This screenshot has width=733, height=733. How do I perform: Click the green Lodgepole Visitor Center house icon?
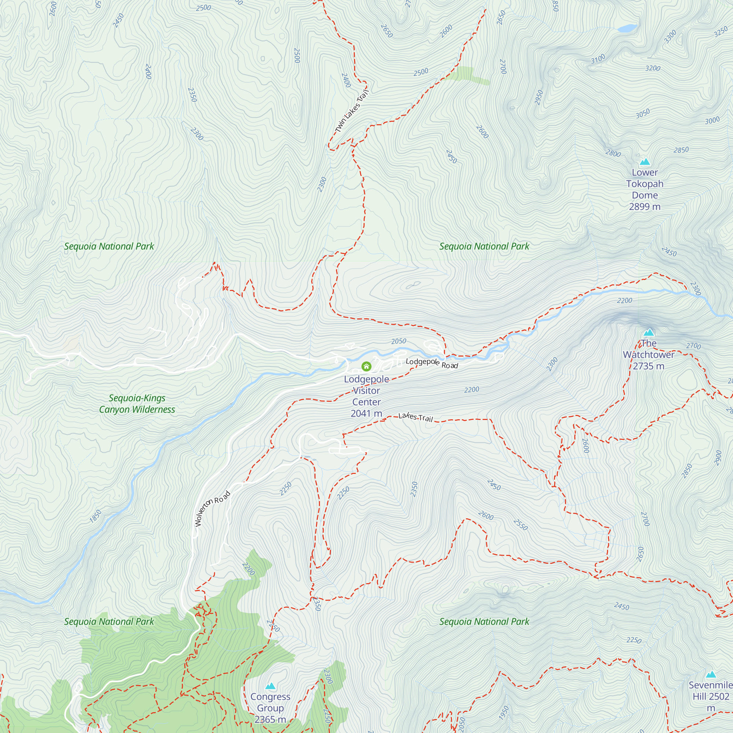pyautogui.click(x=366, y=366)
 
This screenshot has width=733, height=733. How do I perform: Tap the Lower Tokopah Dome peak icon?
pyautogui.click(x=645, y=162)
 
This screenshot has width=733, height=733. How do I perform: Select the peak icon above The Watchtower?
pyautogui.click(x=649, y=333)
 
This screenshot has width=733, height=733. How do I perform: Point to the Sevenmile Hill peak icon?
pyautogui.click(x=711, y=675)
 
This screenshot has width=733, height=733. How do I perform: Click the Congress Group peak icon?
pyautogui.click(x=270, y=686)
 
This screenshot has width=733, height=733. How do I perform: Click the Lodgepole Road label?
pyautogui.click(x=432, y=363)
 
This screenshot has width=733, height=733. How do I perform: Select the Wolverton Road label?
pyautogui.click(x=212, y=509)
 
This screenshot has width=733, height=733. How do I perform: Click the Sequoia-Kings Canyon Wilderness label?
pyautogui.click(x=137, y=404)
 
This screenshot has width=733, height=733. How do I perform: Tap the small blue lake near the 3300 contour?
pyautogui.click(x=627, y=28)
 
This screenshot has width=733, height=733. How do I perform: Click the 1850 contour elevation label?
pyautogui.click(x=95, y=516)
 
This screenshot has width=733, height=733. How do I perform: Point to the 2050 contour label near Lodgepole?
pyautogui.click(x=398, y=341)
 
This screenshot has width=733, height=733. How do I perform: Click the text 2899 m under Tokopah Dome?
pyautogui.click(x=645, y=207)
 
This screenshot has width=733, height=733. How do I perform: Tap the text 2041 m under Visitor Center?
pyautogui.click(x=366, y=413)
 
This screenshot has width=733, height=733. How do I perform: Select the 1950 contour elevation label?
pyautogui.click(x=504, y=713)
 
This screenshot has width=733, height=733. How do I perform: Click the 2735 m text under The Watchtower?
pyautogui.click(x=648, y=366)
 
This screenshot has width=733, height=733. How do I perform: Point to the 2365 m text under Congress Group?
pyautogui.click(x=270, y=719)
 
